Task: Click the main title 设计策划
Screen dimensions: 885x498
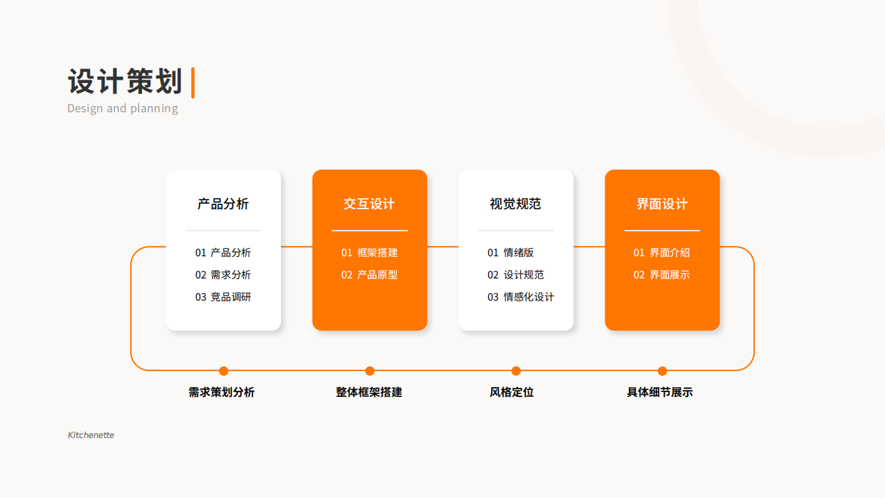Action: [125, 82]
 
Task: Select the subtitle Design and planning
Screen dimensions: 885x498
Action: [123, 108]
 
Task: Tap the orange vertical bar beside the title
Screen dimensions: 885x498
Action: [193, 82]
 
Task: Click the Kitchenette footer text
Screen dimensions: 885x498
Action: [91, 435]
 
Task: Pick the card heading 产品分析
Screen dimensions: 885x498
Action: [223, 204]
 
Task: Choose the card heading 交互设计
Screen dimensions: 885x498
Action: [369, 204]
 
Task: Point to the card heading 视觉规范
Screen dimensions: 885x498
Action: [516, 204]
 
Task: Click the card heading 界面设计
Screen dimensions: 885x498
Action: [662, 204]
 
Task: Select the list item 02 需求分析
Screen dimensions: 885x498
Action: [223, 275]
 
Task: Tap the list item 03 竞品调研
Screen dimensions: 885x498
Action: [223, 297]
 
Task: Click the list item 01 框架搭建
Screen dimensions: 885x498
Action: [369, 253]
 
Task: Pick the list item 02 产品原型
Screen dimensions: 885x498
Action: [369, 275]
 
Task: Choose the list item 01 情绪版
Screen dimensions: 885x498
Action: [510, 253]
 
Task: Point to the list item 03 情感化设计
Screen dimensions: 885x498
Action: [521, 297]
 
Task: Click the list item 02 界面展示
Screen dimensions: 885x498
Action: [662, 275]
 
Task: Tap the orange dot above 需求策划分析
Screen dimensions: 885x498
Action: [224, 371]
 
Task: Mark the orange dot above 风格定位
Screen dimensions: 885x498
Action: [516, 371]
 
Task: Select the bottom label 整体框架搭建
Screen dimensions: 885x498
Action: [369, 392]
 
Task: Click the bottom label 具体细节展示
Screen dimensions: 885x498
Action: [660, 392]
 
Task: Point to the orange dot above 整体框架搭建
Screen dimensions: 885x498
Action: [370, 371]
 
